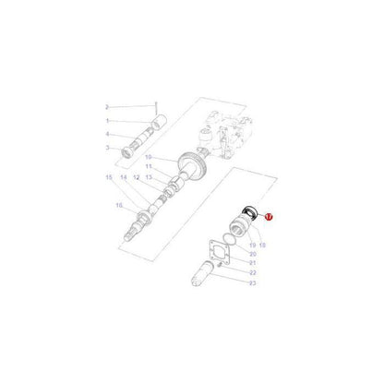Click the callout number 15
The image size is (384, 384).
[109, 176]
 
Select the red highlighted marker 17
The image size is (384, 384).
[270, 217]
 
